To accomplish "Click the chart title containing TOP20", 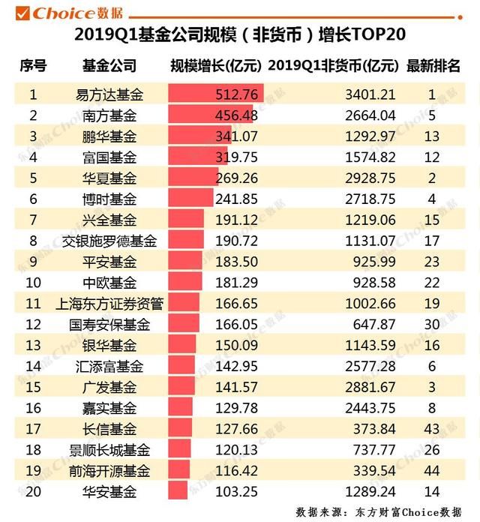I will click(239, 36).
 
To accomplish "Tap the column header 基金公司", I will click(109, 66).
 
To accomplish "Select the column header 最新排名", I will click(433, 66).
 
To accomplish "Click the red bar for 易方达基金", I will click(215, 94).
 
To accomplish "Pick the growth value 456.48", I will click(236, 115).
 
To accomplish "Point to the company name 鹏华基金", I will click(109, 136).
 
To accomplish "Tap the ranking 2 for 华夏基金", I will click(432, 178).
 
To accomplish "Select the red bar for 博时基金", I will click(190, 199).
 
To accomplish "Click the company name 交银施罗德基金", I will click(109, 241).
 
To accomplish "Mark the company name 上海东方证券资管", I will click(109, 304).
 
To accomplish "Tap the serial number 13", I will click(32, 345).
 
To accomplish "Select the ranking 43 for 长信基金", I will click(432, 429).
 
